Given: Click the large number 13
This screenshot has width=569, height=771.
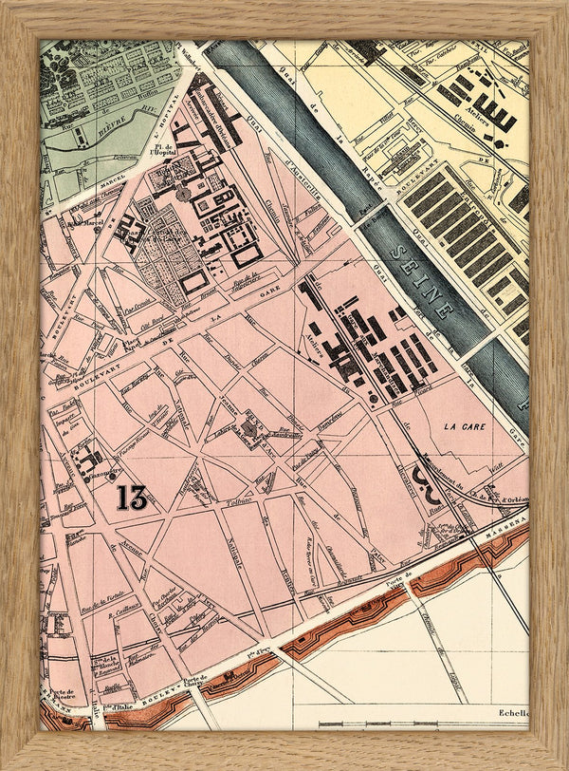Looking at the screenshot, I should pos(129,497).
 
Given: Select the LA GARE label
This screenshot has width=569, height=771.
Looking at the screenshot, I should pos(464,427).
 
